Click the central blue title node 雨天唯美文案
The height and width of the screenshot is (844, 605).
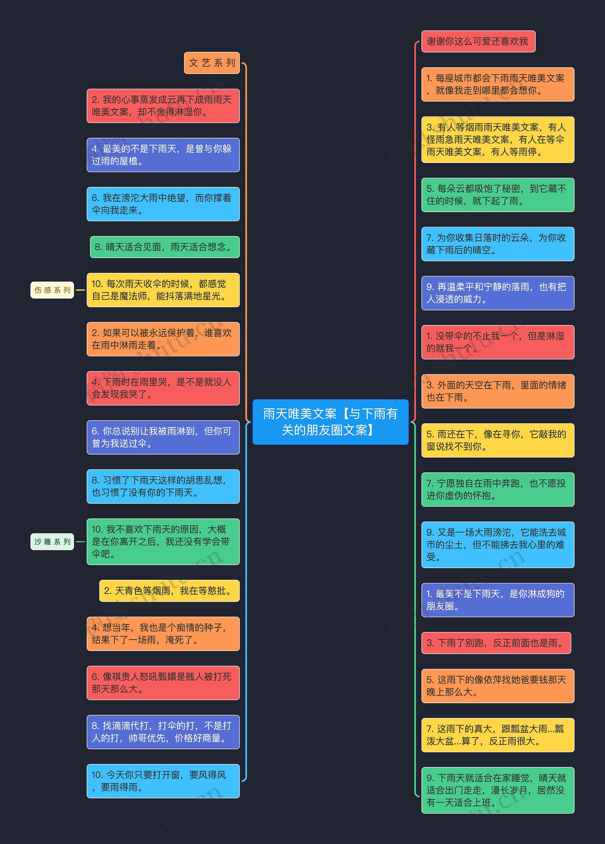(x=330, y=422)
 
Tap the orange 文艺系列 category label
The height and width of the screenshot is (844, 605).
(x=212, y=63)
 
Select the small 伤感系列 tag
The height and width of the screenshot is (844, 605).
(x=52, y=290)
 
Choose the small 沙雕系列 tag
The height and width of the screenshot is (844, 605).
(x=52, y=541)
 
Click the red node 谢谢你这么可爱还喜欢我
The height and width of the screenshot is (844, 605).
(x=478, y=41)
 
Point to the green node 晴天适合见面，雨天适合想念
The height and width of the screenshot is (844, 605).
(x=164, y=247)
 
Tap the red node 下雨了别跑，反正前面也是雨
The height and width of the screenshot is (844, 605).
(x=496, y=643)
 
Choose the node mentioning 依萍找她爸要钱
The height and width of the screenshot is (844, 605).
(x=498, y=686)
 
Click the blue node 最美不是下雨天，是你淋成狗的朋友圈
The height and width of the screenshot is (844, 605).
(x=498, y=600)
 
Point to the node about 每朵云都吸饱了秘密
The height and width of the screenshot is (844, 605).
(x=498, y=195)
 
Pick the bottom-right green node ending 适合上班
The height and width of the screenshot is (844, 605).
(x=498, y=790)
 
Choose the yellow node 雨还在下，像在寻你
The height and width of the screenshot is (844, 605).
(x=498, y=440)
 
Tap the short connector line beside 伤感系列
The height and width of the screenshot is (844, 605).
(x=80, y=290)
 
